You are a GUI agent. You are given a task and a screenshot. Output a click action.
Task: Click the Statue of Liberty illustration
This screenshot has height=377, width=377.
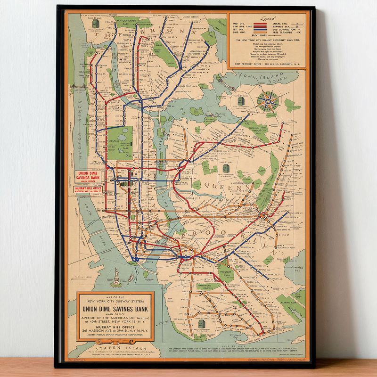[x=115, y=278]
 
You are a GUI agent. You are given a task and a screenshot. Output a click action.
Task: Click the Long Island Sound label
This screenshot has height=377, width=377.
[x=259, y=77]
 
